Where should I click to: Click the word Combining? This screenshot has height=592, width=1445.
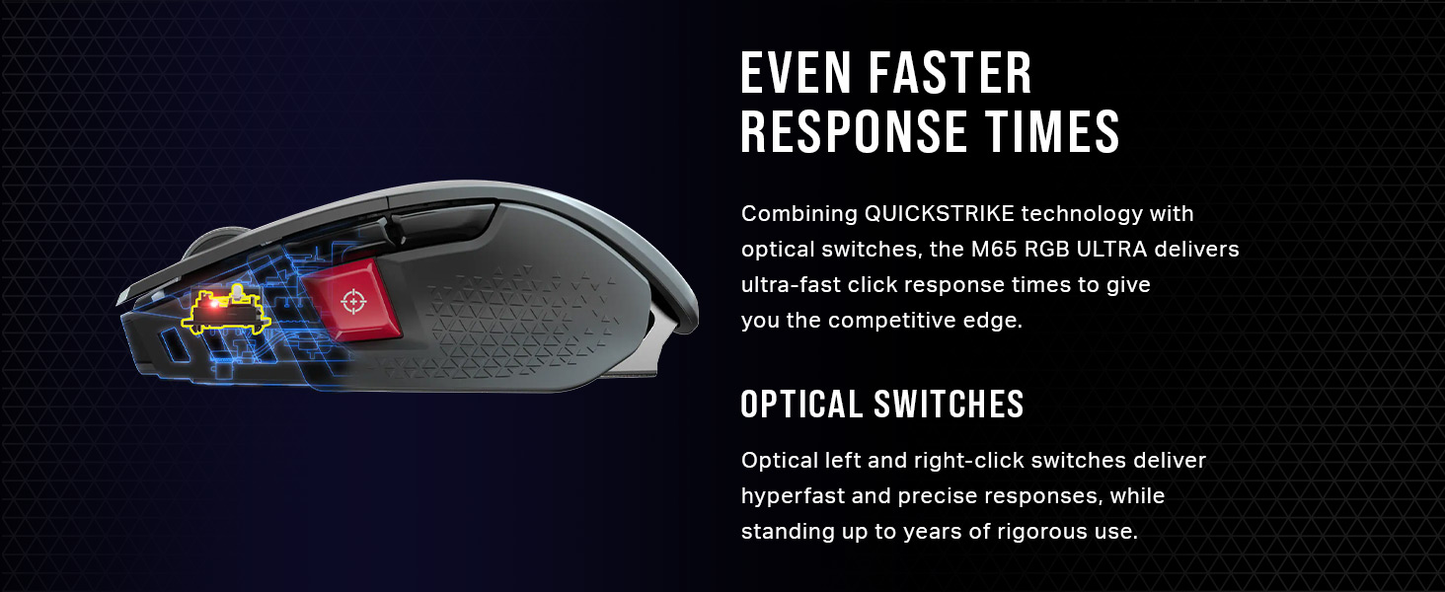point(798,213)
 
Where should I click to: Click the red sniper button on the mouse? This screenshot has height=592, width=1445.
point(351,302)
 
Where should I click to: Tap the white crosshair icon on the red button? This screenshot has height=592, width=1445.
point(351,300)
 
